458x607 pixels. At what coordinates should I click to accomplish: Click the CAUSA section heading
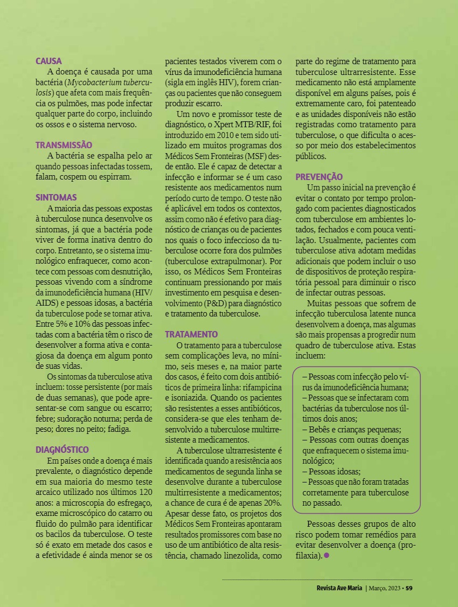click(48, 61)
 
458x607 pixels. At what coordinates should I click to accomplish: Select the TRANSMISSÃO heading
click(64, 145)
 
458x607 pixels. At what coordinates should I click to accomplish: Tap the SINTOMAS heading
click(56, 197)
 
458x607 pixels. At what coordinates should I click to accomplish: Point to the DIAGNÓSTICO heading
click(62, 450)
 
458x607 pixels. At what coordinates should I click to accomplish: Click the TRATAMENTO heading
click(191, 334)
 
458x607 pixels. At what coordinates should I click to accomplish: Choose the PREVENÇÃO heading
click(319, 177)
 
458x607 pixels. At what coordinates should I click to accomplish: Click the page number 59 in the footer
click(409, 588)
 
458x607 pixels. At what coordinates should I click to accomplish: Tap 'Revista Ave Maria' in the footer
click(339, 588)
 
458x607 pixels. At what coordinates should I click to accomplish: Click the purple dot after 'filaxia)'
click(327, 555)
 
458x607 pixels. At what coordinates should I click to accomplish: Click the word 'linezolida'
click(238, 555)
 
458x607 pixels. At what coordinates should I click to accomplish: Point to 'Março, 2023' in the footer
click(385, 588)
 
